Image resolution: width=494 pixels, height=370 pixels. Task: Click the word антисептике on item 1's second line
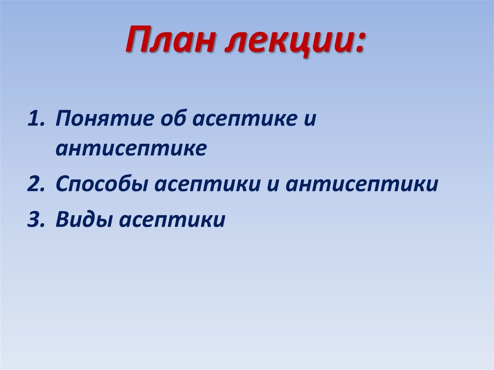[x=131, y=149]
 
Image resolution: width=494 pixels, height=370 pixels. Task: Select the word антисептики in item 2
[x=361, y=186]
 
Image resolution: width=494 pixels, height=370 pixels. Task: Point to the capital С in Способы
[x=62, y=185]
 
